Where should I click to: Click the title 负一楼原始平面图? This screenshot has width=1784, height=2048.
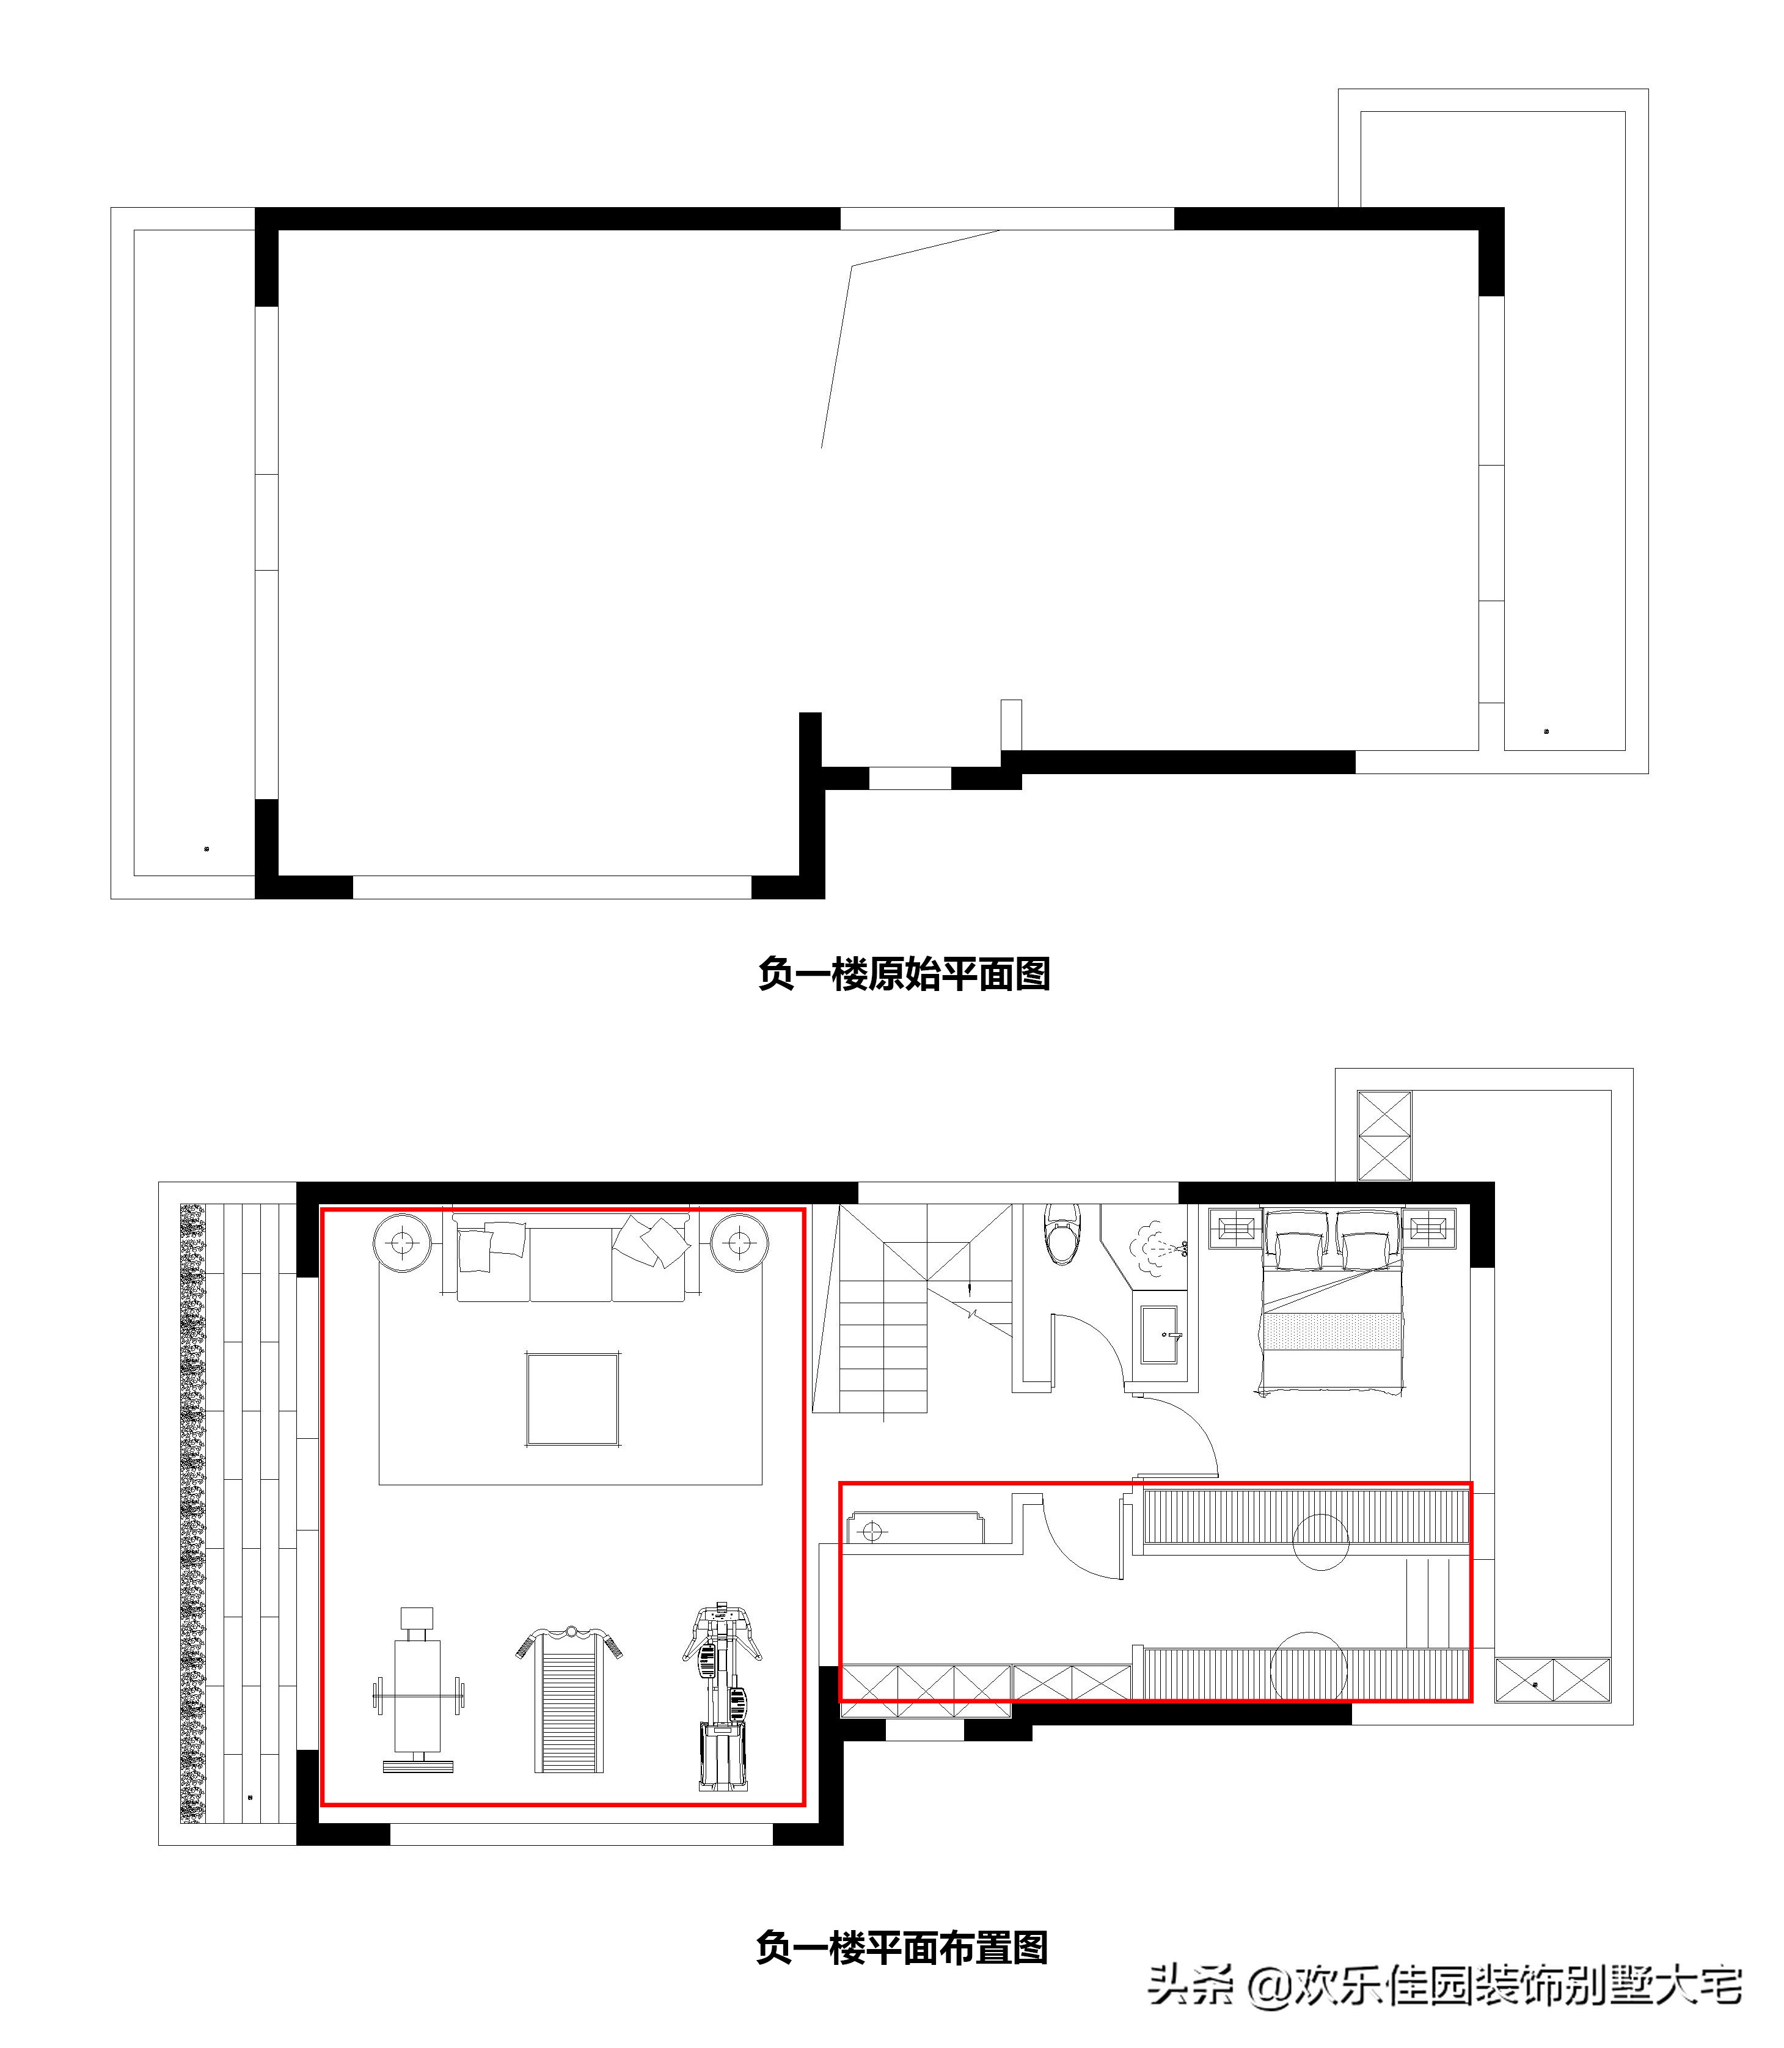[904, 974]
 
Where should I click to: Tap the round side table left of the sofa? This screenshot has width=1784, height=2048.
[402, 1243]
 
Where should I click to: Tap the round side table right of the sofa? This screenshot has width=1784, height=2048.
[740, 1243]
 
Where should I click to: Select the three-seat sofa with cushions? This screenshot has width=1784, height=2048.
[571, 1257]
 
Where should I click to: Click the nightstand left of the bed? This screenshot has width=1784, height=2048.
[1235, 1227]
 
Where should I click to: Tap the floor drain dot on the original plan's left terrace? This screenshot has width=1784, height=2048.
[206, 849]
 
